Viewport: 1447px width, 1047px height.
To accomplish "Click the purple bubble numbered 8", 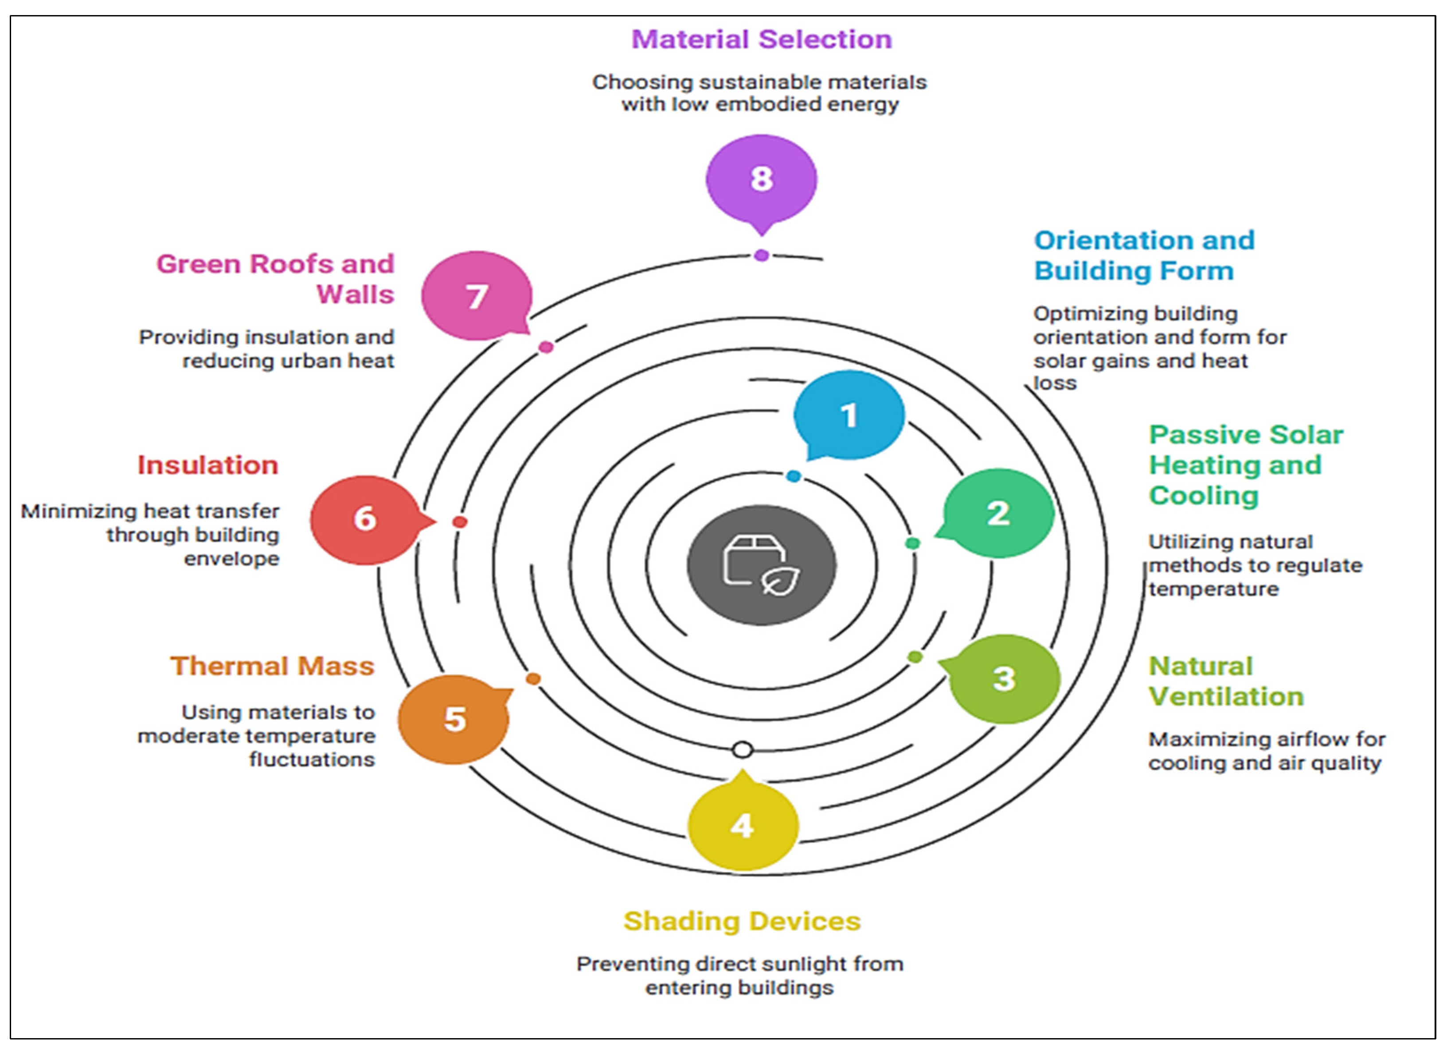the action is (x=761, y=180).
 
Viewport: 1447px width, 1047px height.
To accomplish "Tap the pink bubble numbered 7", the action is (x=477, y=296).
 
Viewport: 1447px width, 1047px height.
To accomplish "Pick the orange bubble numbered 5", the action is (x=454, y=719).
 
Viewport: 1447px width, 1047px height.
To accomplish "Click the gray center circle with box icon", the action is (x=761, y=565).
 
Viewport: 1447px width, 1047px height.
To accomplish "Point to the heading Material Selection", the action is (x=761, y=39).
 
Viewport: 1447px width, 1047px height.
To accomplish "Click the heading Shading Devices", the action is (x=742, y=922).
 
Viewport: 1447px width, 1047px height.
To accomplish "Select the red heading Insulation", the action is (x=208, y=465).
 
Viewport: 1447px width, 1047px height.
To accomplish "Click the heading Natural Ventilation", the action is (x=1226, y=682).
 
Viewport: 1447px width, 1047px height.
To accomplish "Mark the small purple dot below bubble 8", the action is (x=761, y=255).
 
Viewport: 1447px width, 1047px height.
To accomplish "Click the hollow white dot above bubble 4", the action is (x=743, y=750).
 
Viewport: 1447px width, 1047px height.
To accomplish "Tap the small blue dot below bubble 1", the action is (x=794, y=476).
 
